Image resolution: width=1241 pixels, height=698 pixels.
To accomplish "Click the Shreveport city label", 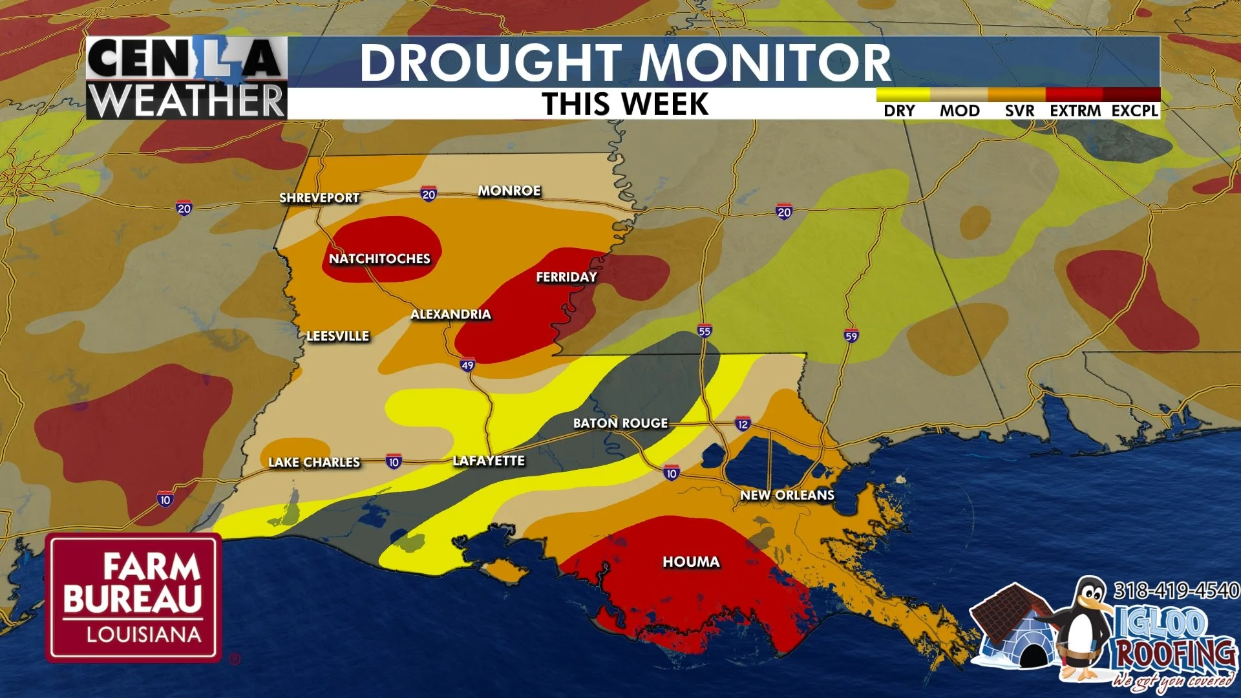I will tap(319, 198).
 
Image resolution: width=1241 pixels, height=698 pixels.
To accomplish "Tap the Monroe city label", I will tap(509, 191).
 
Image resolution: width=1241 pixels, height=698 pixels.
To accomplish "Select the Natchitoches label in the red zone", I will tap(379, 259).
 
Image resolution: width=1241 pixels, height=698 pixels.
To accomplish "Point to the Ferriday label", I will tap(566, 277).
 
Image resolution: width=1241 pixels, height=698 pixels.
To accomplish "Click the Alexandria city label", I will tap(451, 314).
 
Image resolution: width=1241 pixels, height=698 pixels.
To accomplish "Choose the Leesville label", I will tap(337, 336).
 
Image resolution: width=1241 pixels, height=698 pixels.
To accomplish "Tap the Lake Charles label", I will tap(314, 462).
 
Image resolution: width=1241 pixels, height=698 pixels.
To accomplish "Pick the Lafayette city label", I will tap(489, 461).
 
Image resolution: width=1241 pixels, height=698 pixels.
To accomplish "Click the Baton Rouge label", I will tap(620, 423).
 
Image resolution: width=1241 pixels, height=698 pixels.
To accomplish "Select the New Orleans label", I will tap(787, 495).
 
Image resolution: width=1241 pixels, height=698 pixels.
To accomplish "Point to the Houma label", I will tap(691, 562).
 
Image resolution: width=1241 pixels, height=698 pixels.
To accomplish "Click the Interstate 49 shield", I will tap(467, 365).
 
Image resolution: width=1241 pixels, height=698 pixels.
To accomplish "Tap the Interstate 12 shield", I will tap(743, 425).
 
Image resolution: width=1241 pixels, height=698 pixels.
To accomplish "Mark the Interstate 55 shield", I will tap(705, 331).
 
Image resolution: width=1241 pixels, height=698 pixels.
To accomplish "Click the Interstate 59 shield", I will tap(851, 335).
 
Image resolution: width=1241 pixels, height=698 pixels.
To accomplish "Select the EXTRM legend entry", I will tap(1075, 111).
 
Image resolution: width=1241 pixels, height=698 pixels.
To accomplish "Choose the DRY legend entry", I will tap(899, 111).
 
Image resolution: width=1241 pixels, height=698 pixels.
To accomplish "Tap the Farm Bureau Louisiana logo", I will tap(133, 598).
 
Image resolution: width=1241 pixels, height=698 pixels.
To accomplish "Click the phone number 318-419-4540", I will tap(1176, 590).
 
